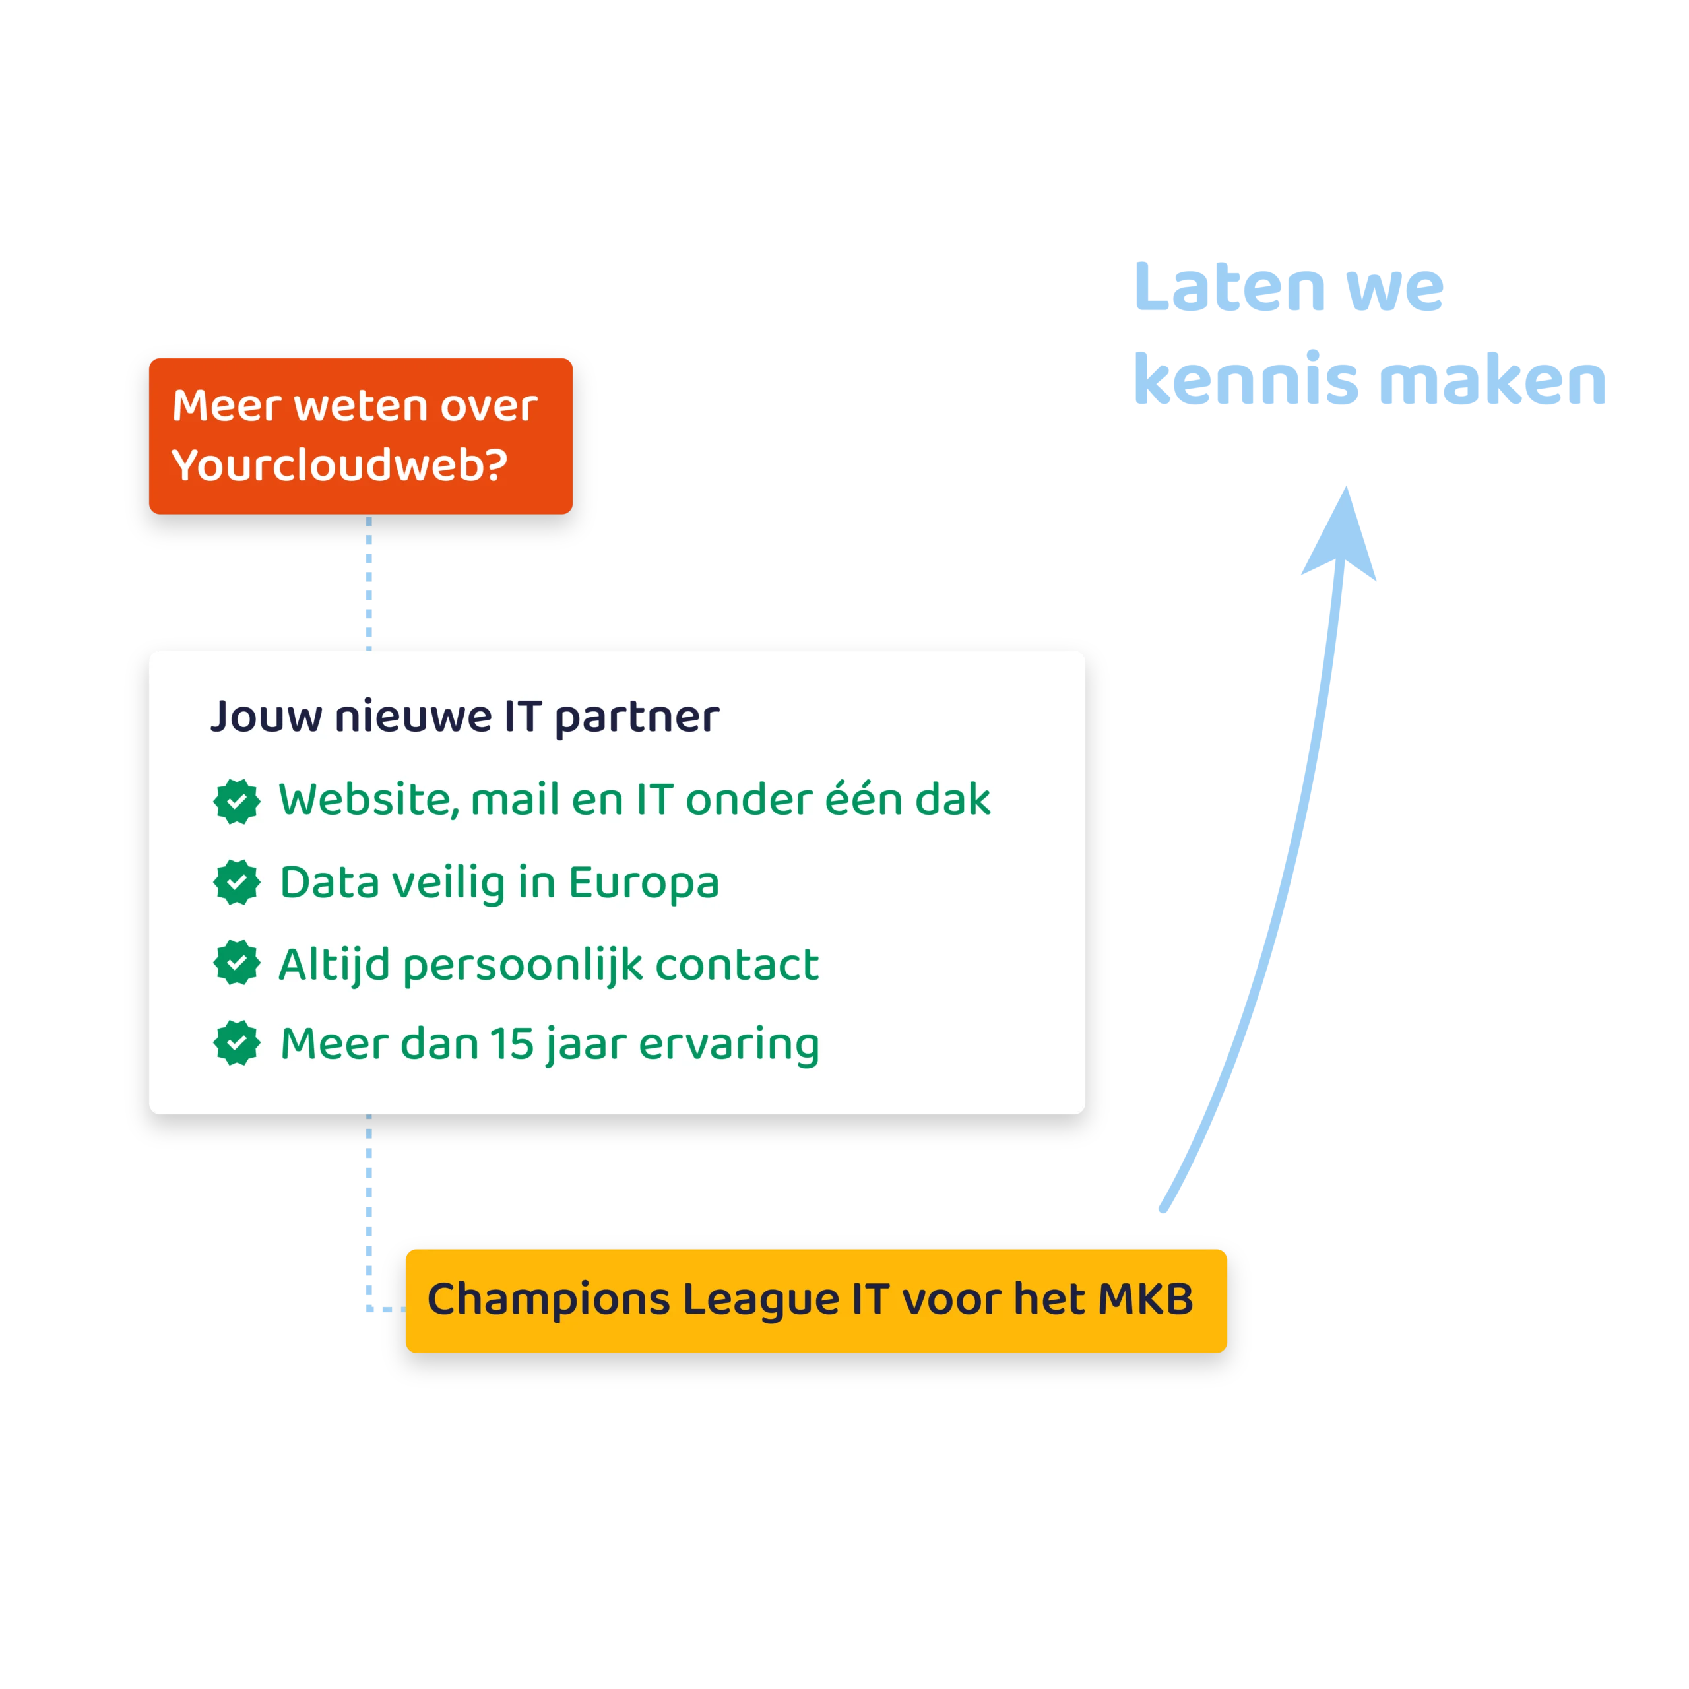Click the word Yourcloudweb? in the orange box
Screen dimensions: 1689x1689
click(339, 465)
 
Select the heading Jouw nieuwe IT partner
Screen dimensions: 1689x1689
click(465, 718)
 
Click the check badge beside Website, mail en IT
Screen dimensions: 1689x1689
click(237, 801)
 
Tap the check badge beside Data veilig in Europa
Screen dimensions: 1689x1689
click(237, 882)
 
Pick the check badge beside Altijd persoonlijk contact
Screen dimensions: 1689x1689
click(237, 963)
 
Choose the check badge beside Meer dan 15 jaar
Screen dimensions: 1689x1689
click(237, 1043)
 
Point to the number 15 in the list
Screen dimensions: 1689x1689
click(511, 1044)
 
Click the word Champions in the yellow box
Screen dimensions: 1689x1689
click(548, 1300)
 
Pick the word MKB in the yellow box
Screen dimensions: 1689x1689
click(1146, 1299)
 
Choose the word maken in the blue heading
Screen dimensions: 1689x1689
click(1493, 379)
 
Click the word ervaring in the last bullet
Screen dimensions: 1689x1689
click(729, 1046)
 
